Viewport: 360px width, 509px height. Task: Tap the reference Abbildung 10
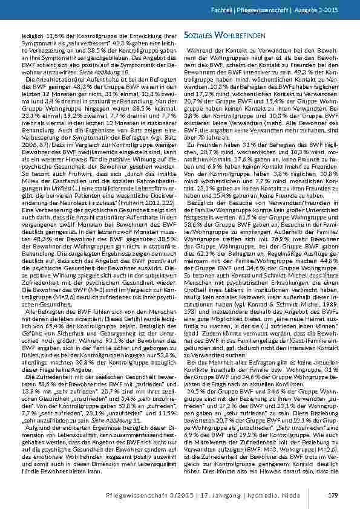coord(117,70)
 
